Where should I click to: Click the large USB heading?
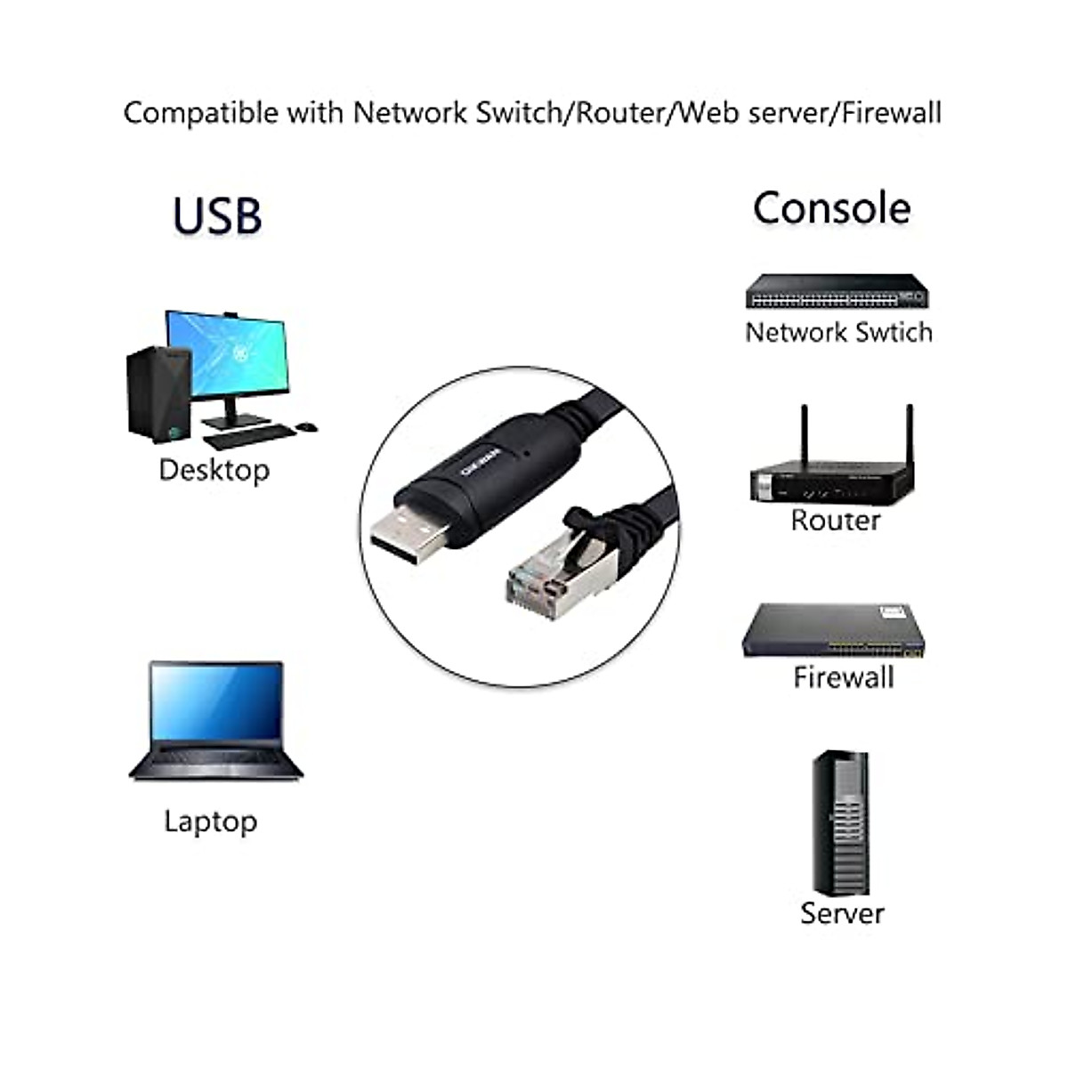tap(217, 216)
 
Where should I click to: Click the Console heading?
tap(831, 208)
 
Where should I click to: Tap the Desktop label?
tap(214, 470)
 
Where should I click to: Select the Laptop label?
tap(210, 821)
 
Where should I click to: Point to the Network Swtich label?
tap(838, 332)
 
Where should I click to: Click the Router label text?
tap(835, 521)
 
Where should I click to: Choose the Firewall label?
tap(843, 677)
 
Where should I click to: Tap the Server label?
tap(842, 913)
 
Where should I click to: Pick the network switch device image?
tap(836, 291)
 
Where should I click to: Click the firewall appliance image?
tap(833, 632)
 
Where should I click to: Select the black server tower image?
tap(839, 823)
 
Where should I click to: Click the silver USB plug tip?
tap(409, 538)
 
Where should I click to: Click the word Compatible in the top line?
tap(200, 113)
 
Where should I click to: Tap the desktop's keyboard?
tap(249, 436)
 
